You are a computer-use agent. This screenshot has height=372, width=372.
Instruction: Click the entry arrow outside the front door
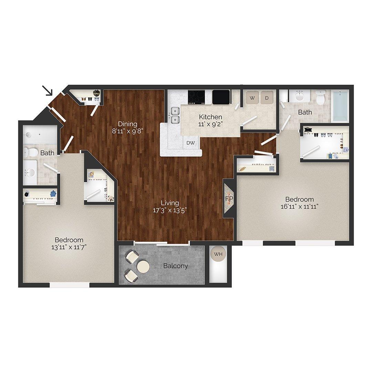48,91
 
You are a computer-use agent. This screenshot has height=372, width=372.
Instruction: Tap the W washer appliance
252,98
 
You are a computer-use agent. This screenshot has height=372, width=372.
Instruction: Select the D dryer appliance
267,98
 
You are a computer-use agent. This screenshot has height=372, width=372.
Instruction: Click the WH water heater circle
218,254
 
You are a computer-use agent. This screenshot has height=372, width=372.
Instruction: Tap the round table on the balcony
143,266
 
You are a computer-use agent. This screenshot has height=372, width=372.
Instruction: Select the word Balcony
175,266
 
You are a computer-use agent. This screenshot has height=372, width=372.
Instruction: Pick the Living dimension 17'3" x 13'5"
170,210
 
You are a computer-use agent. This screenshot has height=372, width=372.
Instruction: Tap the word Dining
128,124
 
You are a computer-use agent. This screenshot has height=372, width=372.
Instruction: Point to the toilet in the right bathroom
321,97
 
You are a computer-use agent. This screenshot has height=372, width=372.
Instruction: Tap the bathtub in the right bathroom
340,105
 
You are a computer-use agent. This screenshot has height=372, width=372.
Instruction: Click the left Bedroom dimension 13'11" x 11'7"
69,247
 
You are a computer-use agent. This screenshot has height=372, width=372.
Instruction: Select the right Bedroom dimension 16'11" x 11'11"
299,207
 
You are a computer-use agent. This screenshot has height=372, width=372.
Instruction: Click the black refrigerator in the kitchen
221,97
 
